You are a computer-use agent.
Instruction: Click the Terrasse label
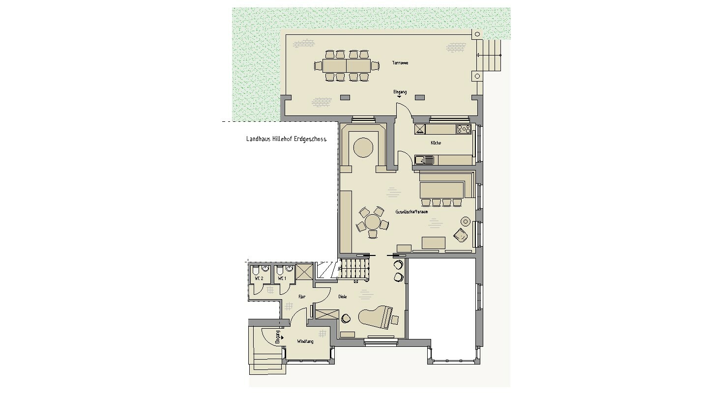(x=400, y=63)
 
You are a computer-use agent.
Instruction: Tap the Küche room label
(x=436, y=143)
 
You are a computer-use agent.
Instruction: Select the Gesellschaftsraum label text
(x=411, y=212)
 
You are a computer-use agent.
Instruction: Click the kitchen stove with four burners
(x=464, y=129)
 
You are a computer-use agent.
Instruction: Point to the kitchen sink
(x=424, y=160)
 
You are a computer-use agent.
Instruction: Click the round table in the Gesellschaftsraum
(x=373, y=222)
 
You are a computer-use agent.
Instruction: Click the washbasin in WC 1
(x=289, y=269)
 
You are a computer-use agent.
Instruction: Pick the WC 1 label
(x=282, y=279)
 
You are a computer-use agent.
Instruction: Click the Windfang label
(x=305, y=341)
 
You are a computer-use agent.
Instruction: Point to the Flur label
(x=302, y=297)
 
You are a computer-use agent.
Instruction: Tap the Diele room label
(x=343, y=297)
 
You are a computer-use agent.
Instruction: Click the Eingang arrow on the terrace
(x=399, y=97)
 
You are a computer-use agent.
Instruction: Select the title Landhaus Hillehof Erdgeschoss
(x=286, y=139)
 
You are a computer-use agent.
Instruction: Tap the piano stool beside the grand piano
(x=395, y=320)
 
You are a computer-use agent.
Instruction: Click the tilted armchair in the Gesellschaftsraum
(x=461, y=236)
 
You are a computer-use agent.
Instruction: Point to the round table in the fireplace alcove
(x=364, y=147)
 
